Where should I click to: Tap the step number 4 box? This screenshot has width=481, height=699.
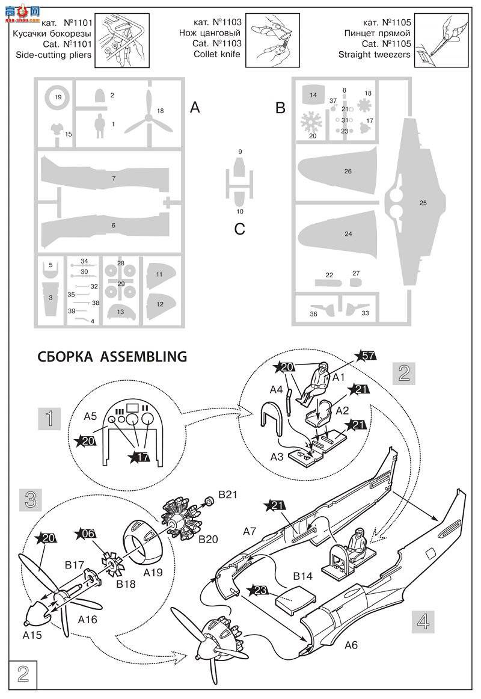coord(423,620)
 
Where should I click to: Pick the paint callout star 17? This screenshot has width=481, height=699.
coord(140,458)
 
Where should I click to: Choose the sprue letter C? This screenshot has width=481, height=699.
coord(239,229)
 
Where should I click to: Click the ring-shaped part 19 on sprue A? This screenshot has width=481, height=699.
coord(58,97)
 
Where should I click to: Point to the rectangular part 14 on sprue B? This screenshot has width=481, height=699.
coord(313,95)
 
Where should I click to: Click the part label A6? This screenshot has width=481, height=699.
coord(352,645)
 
